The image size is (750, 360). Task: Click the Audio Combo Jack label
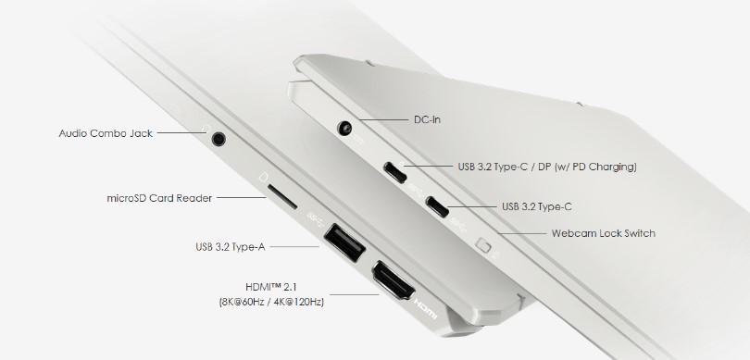coord(104,133)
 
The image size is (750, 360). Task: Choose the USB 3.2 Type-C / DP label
coord(547,168)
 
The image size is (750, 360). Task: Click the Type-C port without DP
coord(437,205)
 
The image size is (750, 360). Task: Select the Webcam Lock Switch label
coord(604,233)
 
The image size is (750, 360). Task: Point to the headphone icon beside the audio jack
coord(205,132)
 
